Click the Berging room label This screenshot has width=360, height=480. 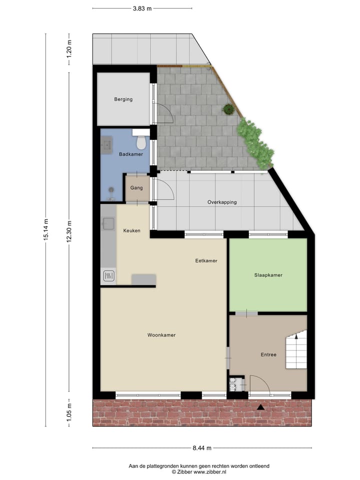point(123,99)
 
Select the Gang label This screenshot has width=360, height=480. point(137,188)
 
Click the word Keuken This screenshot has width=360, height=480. point(132,230)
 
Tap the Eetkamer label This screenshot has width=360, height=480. point(206,260)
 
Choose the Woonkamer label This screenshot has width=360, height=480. point(161,335)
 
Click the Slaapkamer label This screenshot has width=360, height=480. point(268,275)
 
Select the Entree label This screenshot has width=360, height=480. point(268,354)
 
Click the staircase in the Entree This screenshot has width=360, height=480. point(295,351)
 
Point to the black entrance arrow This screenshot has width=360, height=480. point(260,408)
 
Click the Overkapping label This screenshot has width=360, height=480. point(222,202)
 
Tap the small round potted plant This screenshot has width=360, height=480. point(228,108)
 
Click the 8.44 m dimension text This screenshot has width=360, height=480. point(202,447)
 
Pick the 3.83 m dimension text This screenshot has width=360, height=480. point(142,8)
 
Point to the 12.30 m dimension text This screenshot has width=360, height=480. point(69,230)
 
